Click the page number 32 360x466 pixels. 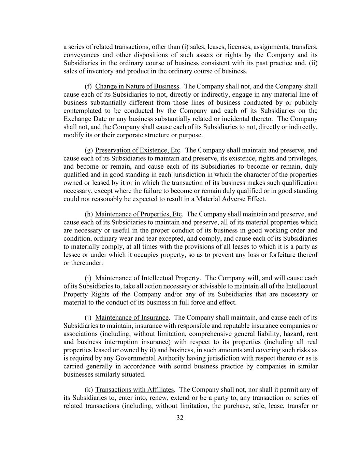click(x=180, y=418)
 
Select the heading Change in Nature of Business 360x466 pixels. click(x=137, y=86)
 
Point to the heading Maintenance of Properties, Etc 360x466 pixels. click(x=139, y=214)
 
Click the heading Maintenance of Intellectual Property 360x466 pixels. click(x=147, y=278)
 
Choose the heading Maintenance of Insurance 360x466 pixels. click(x=132, y=318)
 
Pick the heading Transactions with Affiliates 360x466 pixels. click(x=135, y=390)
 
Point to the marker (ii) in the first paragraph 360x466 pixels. click(x=313, y=63)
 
